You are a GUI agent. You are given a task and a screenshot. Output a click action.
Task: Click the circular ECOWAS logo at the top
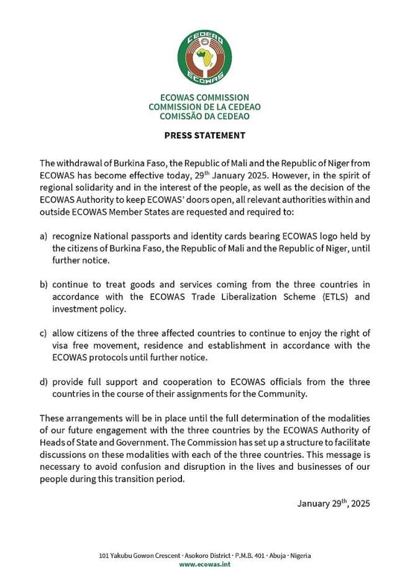[x=204, y=57]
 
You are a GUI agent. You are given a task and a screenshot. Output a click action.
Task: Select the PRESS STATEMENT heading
[x=204, y=135]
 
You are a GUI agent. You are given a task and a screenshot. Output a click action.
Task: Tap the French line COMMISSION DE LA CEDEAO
[x=204, y=107]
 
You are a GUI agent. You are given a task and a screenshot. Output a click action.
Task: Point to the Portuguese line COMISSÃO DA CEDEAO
[x=204, y=116]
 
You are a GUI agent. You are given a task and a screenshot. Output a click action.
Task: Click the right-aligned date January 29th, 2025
[x=334, y=503]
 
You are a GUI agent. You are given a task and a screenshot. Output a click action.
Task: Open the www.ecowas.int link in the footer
[x=204, y=564]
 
